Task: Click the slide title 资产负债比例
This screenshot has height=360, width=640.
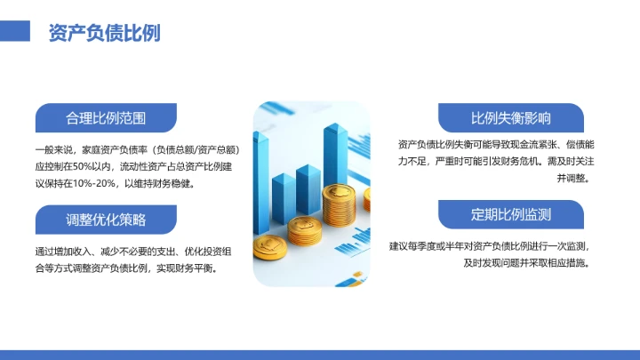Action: [x=104, y=32]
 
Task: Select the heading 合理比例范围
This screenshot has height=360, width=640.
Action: [x=105, y=117]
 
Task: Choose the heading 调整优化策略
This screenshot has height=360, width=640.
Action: [x=105, y=219]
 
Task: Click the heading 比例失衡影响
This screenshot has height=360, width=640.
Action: [x=510, y=117]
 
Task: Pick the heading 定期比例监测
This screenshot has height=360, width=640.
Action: [x=510, y=214]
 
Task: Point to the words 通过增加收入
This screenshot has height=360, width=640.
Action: [x=63, y=251]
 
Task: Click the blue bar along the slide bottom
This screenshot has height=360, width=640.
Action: [x=320, y=355]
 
